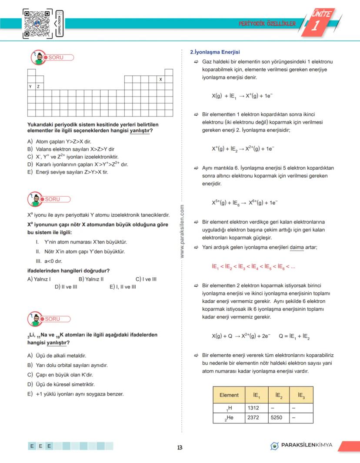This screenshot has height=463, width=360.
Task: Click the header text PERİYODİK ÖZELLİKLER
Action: pos(267,23)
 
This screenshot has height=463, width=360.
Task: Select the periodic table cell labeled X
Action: pos(160,80)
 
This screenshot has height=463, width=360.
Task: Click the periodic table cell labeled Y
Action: pos(31,87)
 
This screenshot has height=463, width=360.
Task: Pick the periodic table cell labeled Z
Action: pos(39,87)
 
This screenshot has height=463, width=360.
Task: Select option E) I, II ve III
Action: pos(123,287)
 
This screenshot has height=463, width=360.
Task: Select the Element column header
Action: pos(229,395)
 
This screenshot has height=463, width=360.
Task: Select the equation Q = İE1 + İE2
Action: pos(294,336)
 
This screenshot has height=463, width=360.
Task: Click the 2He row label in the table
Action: pos(229,418)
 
